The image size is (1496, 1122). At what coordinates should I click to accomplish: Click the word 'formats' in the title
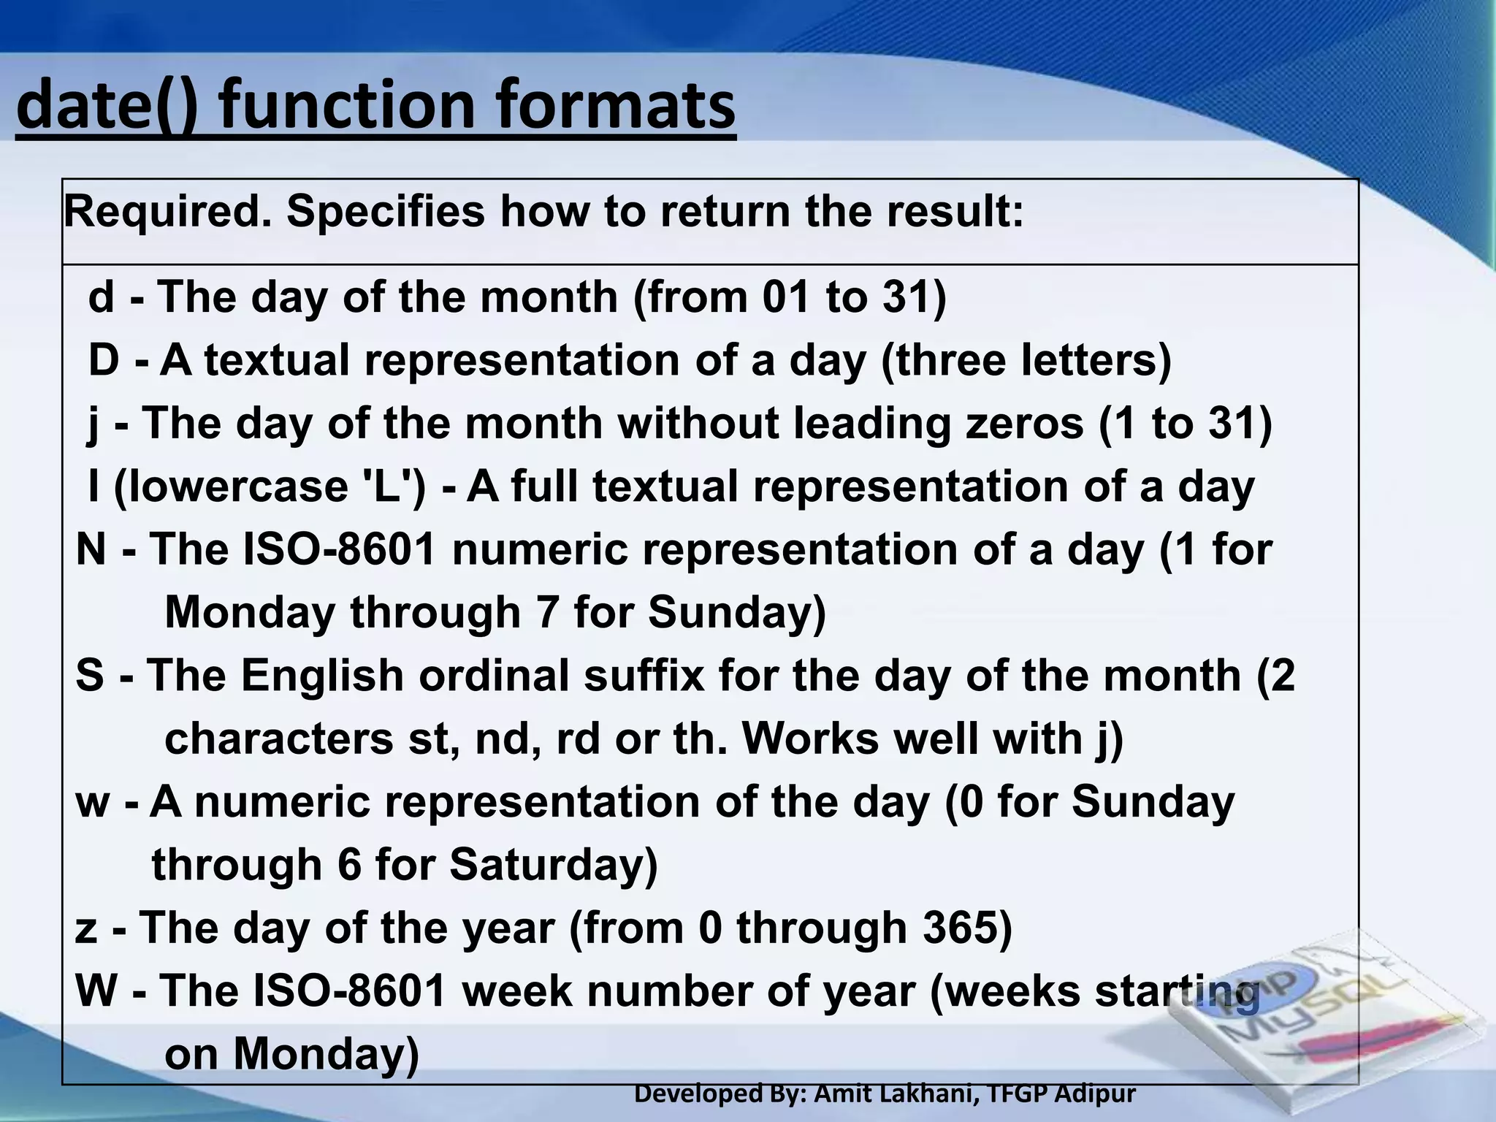coord(616,107)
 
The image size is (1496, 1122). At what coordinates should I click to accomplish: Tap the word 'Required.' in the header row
coord(167,212)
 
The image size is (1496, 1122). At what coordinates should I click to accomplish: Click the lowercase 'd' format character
coord(102,297)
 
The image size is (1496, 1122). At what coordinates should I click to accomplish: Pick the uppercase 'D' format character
coord(104,360)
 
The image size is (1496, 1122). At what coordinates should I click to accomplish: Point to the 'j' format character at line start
coord(93,424)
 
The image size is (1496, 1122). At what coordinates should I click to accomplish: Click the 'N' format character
coord(91,549)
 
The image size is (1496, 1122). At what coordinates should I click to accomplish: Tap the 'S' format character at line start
coord(90,675)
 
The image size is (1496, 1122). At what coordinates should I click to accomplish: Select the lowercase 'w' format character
coord(93,802)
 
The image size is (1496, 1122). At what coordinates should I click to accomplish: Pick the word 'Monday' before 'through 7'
coord(250,612)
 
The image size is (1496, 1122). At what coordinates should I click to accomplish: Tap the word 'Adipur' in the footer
coord(1096,1094)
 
